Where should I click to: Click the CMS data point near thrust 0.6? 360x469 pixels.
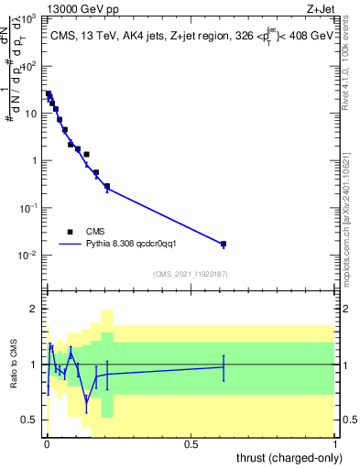coord(224,244)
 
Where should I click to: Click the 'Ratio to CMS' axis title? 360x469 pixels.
coord(14,365)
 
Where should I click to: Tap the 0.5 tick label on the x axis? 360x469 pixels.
coord(191,444)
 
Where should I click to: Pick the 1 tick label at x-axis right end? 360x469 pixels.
coord(335,444)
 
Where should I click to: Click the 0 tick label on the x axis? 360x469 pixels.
coord(47,444)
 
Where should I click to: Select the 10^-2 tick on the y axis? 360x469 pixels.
coord(27,255)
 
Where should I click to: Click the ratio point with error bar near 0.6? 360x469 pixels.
coord(224,366)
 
